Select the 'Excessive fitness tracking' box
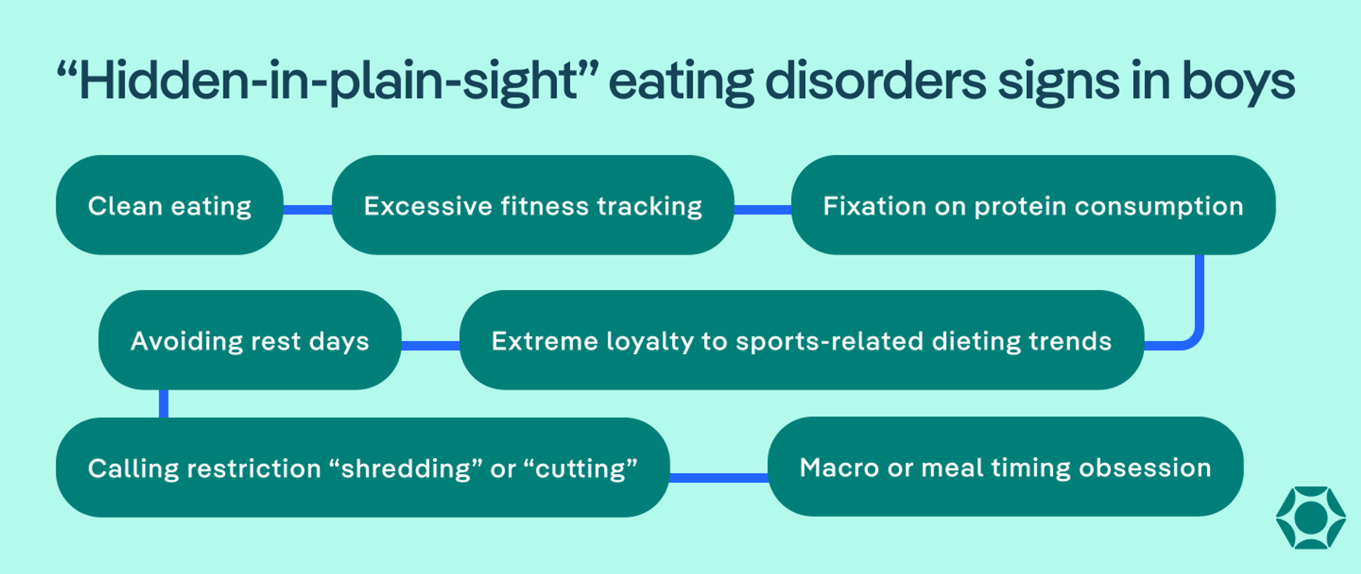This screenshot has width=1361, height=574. click(533, 205)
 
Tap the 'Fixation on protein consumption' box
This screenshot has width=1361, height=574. click(1033, 205)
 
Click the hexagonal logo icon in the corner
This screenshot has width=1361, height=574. click(1311, 517)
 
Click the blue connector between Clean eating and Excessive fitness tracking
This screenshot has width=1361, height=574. click(308, 210)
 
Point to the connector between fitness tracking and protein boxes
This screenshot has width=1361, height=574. click(762, 210)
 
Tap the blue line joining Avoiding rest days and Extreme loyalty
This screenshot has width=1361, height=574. click(430, 345)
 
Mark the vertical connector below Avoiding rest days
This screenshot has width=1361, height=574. click(164, 403)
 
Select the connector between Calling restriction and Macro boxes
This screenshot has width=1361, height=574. click(718, 477)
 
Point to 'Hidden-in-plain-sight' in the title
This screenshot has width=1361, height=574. click(327, 82)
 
